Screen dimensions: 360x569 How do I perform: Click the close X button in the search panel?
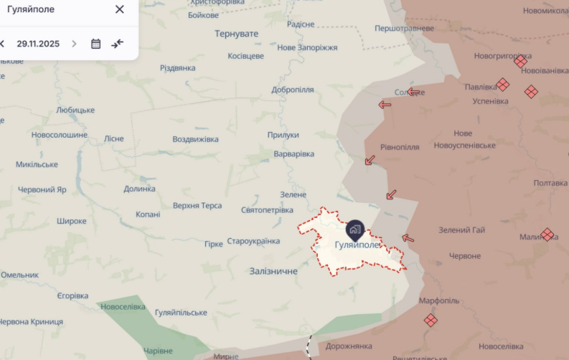coord(119,9)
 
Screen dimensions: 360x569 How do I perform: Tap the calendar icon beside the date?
coord(95,44)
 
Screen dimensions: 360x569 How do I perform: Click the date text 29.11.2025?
coord(38,44)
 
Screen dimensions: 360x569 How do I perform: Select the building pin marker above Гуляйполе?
coord(355,230)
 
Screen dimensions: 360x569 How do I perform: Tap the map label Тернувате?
coord(236,34)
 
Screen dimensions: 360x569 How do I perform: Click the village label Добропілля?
coord(293,90)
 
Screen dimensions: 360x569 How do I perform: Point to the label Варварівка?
coord(294,154)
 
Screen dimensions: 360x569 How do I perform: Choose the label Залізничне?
coord(273,271)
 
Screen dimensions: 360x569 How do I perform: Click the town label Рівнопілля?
coord(400,147)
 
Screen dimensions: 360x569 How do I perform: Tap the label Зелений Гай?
coord(462,230)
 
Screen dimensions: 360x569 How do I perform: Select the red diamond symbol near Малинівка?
coord(547,235)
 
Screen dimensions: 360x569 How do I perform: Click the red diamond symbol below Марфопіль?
coord(431,320)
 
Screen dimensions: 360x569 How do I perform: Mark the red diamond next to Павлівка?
coord(503,85)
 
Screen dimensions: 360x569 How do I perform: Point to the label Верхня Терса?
coord(197,206)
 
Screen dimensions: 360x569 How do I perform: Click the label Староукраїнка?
coord(253,241)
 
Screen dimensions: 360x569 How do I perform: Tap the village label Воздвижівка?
coord(195,139)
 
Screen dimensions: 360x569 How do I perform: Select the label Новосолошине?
coord(60,135)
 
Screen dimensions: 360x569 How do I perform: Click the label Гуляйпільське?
coord(181,313)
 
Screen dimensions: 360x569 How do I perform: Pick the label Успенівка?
coord(491,101)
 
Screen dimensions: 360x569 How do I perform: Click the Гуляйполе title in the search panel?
coord(31,9)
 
